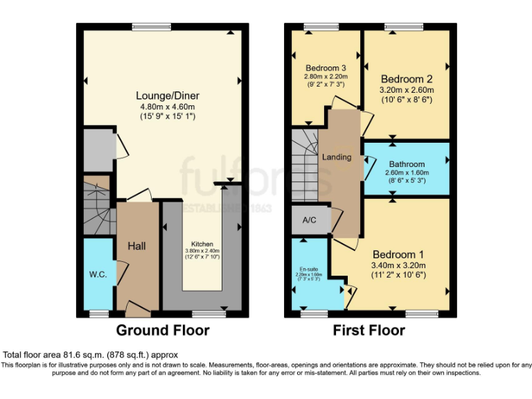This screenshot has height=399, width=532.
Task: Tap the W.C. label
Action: tap(97, 275)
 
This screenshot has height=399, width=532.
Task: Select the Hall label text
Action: tap(137, 246)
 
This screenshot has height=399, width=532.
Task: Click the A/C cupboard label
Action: tap(309, 220)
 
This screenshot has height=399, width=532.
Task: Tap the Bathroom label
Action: tap(407, 164)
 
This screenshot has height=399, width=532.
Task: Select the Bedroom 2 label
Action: tap(407, 78)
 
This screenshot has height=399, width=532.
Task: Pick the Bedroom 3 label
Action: tap(325, 68)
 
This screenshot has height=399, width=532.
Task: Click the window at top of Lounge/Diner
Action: tap(152, 27)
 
